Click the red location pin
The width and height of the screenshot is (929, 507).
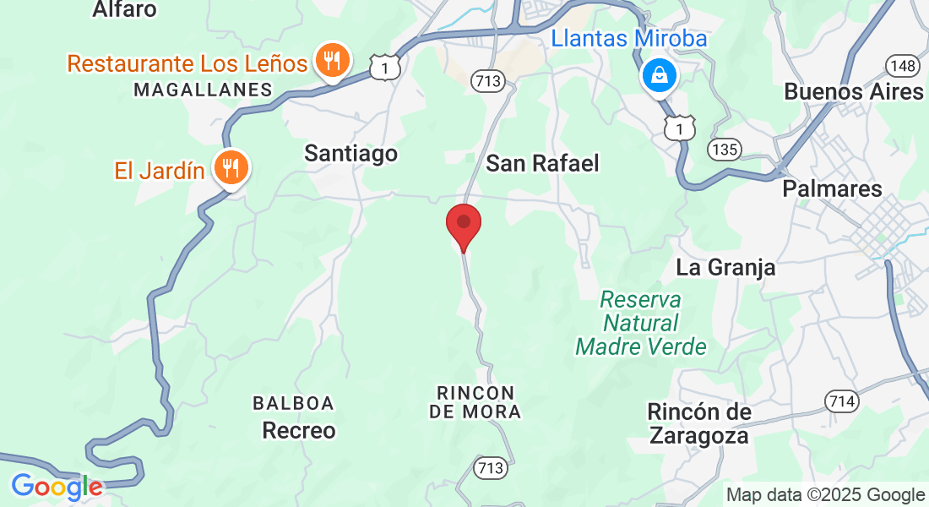[463, 225]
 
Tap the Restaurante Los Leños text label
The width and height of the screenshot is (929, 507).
[187, 63]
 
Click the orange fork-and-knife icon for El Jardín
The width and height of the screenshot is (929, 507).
[229, 166]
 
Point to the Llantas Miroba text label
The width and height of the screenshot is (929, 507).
[628, 38]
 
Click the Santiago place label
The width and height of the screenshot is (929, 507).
[350, 153]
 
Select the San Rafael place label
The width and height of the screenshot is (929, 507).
[542, 163]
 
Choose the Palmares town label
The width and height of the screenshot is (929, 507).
[832, 188]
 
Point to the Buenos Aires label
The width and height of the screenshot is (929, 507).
[854, 91]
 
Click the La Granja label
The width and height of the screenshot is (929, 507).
[725, 268]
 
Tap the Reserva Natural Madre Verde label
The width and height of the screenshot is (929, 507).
[641, 323]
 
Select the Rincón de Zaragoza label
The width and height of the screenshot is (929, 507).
[698, 423]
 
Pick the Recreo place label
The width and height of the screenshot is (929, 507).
[299, 431]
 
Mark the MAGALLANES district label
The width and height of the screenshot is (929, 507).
[203, 90]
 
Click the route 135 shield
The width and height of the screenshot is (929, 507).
[725, 150]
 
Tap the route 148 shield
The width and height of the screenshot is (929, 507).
[902, 65]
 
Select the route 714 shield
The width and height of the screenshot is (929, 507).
[841, 401]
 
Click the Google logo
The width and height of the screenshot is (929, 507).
[57, 487]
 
